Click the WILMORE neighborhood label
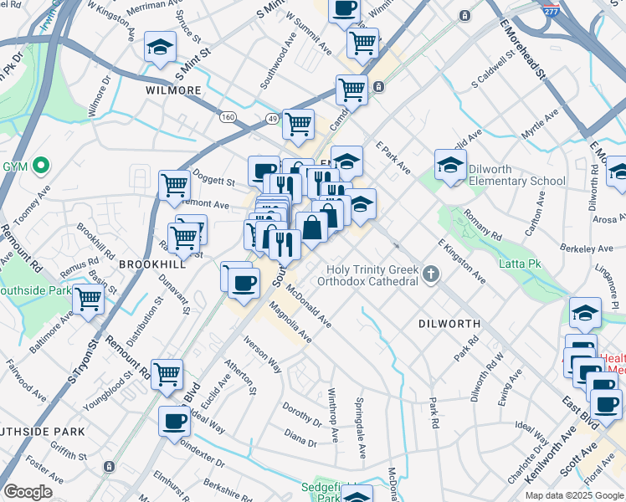(173, 90)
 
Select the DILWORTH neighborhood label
(449, 323)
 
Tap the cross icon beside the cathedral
(431, 274)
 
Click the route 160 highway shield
(228, 117)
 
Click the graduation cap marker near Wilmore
(160, 48)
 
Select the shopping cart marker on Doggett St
(175, 184)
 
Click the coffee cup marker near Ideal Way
(175, 420)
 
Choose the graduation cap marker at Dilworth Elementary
(450, 165)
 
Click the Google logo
(28, 492)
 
